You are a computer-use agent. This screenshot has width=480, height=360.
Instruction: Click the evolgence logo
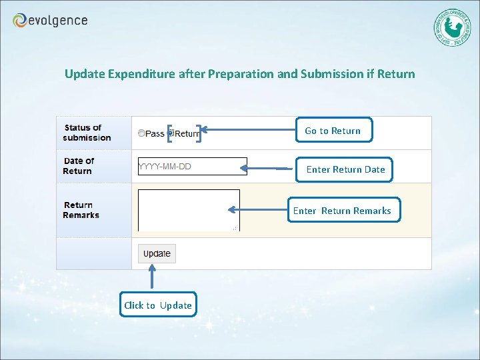[50, 21]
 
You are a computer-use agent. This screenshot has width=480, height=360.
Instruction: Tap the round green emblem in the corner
[451, 27]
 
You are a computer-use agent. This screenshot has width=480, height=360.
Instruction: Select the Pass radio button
[141, 133]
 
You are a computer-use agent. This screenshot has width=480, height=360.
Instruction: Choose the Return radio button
[170, 133]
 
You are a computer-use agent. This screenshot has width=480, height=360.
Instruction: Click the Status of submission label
[87, 133]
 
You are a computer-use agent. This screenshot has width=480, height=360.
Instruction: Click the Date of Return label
[79, 166]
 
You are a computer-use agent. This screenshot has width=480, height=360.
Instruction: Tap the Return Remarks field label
[81, 210]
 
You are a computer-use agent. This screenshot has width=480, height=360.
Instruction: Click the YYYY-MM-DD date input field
[192, 167]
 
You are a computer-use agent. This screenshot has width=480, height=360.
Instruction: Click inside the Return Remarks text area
[189, 210]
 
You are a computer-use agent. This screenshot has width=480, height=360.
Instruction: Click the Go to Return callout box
[333, 131]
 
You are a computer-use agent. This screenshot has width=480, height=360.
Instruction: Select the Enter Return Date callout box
[345, 169]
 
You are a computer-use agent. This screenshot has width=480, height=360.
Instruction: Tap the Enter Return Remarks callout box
[343, 211]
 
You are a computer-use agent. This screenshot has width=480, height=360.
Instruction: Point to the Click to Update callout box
[158, 305]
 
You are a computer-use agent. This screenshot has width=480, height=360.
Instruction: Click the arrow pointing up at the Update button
[153, 279]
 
